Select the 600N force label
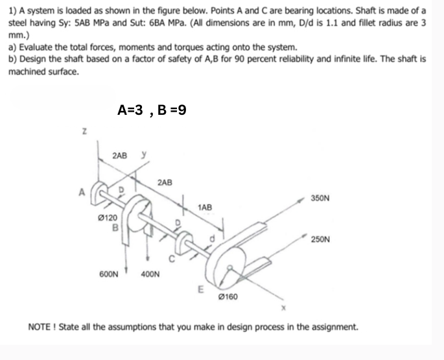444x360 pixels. [x=108, y=274]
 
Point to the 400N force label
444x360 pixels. [x=152, y=274]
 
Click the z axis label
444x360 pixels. [x=83, y=135]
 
